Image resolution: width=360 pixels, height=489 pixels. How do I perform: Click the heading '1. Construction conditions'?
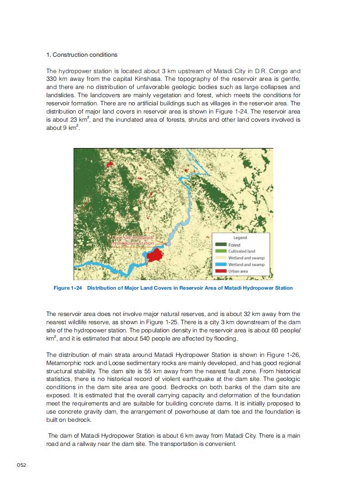tap(82, 55)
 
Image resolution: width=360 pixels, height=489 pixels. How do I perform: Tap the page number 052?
tap(22, 465)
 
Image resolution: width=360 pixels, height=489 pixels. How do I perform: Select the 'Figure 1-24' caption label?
tap(68, 288)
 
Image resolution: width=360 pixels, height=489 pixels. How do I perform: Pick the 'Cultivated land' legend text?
tap(242, 251)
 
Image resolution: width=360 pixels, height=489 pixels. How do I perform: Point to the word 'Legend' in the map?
tap(240, 237)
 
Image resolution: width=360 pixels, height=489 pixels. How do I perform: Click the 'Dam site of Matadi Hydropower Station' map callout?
tap(133, 240)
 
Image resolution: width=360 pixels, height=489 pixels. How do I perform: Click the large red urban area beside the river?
tap(155, 255)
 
